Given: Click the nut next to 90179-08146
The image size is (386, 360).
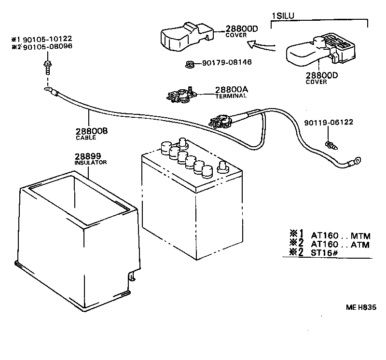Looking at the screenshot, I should tap(191, 64).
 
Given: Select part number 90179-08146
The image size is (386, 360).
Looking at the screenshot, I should tap(227, 62).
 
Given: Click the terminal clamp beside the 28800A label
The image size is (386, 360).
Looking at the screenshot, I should tap(180, 94).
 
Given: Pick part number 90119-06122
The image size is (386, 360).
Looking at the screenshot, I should tap(328, 122).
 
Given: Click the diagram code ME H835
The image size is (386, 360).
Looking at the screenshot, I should tap(360, 307).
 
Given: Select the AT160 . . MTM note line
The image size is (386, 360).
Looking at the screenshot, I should tap(340, 236).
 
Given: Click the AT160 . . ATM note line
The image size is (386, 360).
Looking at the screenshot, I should tap(340, 245).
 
